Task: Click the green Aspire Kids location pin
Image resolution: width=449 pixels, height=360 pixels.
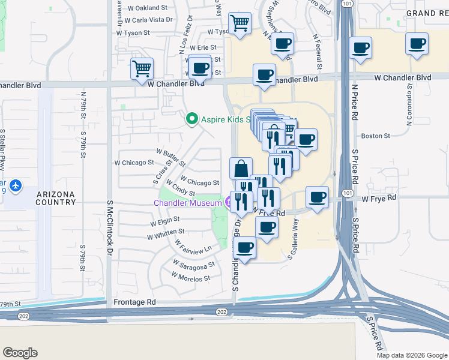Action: (192, 119)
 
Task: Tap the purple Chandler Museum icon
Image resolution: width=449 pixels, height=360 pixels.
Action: (230, 203)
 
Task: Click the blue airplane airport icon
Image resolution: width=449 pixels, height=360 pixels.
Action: (16, 186)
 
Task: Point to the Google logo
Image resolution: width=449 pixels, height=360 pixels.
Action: (20, 353)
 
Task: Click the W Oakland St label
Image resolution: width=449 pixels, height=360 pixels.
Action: (148, 8)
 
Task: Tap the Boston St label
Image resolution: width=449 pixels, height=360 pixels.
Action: (376, 136)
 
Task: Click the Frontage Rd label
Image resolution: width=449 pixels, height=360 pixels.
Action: (136, 302)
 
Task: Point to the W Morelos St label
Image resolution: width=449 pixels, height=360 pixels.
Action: (190, 278)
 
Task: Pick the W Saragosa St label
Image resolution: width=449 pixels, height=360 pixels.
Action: (193, 264)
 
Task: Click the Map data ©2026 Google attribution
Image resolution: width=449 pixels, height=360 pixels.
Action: (412, 355)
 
